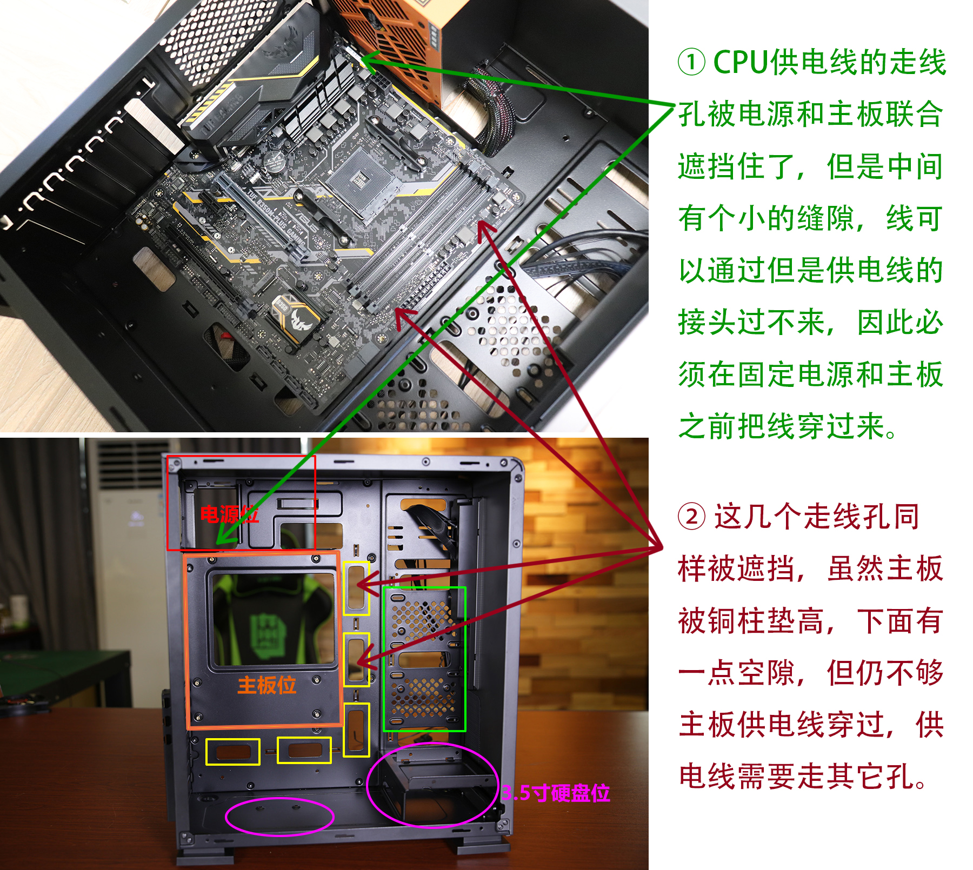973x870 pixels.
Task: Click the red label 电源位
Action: point(229,514)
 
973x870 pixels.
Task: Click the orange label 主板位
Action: point(266,685)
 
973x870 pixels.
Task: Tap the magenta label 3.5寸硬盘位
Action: point(556,793)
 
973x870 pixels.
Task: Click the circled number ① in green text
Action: point(691,62)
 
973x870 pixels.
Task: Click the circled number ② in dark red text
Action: point(691,517)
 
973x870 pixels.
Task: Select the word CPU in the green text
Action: point(740,62)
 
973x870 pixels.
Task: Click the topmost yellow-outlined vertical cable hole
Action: point(356,588)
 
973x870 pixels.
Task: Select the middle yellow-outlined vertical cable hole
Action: point(356,659)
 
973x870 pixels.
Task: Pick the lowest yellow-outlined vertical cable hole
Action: point(356,730)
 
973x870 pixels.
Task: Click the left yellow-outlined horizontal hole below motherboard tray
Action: point(233,752)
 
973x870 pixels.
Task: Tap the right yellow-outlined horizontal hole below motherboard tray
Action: point(304,750)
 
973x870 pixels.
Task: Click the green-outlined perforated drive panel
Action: point(424,659)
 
